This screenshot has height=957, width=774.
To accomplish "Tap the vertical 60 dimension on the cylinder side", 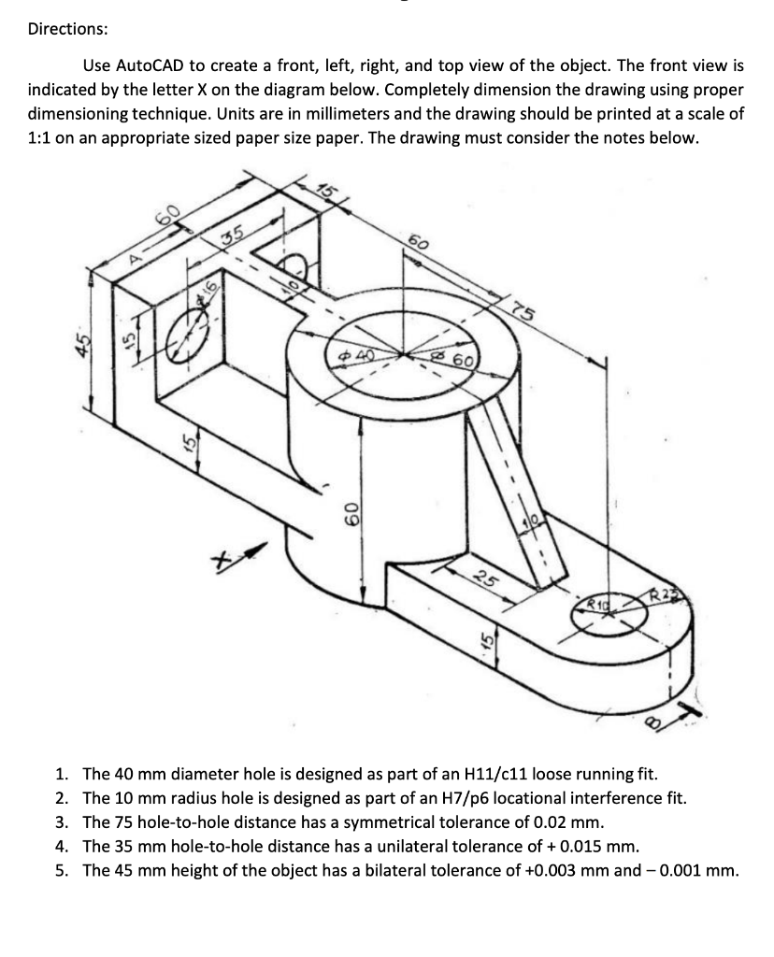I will [347, 512].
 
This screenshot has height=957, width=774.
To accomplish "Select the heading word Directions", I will [67, 29].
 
